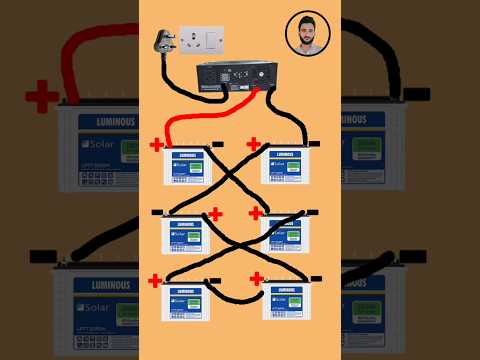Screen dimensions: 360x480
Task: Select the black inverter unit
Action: coord(235,76)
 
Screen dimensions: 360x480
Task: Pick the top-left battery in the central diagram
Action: coord(188,166)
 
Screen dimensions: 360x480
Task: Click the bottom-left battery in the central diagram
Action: coord(186,301)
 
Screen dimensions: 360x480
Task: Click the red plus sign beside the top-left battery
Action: coord(157,145)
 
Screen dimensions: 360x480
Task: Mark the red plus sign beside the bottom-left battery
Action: coord(155,281)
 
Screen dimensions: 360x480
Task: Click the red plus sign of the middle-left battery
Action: coord(214,213)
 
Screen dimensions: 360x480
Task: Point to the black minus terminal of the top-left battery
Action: coord(218,145)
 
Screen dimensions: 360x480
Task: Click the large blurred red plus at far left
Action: coord(42,98)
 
